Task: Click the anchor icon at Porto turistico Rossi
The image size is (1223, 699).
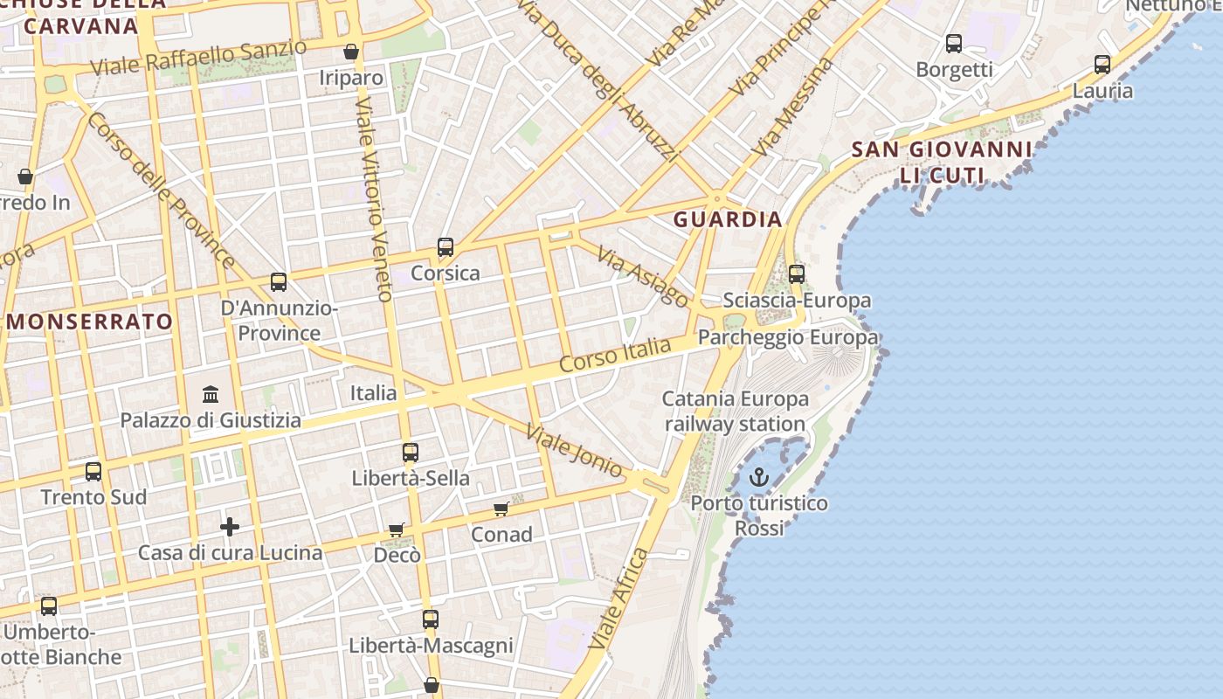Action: click(x=759, y=477)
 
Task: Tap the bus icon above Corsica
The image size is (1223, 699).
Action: click(x=446, y=247)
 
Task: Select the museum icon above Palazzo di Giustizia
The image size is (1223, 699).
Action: click(x=211, y=394)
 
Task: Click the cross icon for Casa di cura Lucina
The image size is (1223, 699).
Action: click(x=230, y=526)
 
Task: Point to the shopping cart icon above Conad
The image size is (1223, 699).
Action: click(x=501, y=509)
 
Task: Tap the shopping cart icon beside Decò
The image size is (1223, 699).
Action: click(x=397, y=529)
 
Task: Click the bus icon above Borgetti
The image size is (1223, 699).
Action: click(x=954, y=43)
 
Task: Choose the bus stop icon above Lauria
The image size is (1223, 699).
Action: click(x=1102, y=64)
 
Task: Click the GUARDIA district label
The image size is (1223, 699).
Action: click(x=727, y=218)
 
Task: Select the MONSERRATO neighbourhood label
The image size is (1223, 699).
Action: click(x=90, y=321)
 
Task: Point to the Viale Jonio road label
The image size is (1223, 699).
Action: click(x=574, y=451)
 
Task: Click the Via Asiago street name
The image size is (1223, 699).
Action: click(x=643, y=275)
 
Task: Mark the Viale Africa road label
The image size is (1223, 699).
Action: click(x=618, y=599)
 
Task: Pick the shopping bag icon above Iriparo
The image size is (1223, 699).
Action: click(x=351, y=52)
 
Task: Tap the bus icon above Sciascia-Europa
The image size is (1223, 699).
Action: click(x=797, y=273)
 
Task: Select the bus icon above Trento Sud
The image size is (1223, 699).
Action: click(x=93, y=472)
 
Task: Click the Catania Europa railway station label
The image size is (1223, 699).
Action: click(x=735, y=412)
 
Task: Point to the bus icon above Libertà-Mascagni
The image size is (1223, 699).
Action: click(x=431, y=619)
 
